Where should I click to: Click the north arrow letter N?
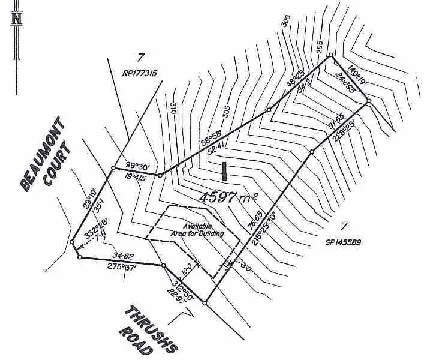pyautogui.click(x=17, y=17)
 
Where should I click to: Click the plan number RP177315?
pyautogui.click(x=139, y=74)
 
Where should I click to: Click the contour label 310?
pyautogui.click(x=173, y=109)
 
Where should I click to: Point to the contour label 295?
pyautogui.click(x=319, y=47)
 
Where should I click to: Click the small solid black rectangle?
pyautogui.click(x=224, y=172)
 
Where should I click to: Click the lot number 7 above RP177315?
pyautogui.click(x=141, y=58)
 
